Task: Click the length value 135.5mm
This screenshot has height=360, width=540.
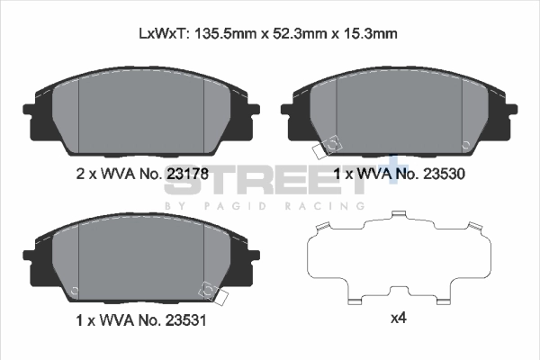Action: (x=226, y=34)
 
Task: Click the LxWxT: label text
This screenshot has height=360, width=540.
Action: (x=163, y=34)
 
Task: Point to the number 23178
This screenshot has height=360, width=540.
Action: (x=187, y=174)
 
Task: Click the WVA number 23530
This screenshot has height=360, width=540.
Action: (x=444, y=174)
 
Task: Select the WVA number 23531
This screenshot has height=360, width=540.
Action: (x=186, y=320)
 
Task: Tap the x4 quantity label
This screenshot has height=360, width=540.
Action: (x=399, y=319)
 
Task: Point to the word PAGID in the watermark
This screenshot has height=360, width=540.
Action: (x=235, y=206)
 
